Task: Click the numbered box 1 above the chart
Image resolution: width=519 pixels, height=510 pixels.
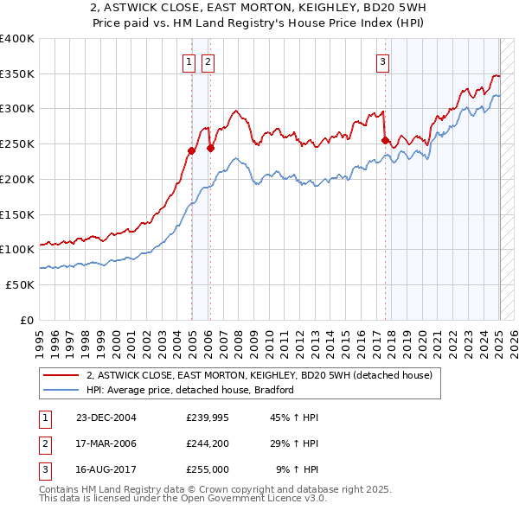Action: tap(189, 61)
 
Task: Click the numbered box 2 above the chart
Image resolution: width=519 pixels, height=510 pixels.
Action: tap(208, 61)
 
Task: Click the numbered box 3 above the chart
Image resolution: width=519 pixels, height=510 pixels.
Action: tap(382, 61)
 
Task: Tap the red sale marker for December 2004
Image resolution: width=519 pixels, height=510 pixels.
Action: tap(191, 150)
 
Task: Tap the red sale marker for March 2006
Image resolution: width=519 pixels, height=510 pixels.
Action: tap(210, 148)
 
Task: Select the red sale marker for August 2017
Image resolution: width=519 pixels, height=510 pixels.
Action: tap(386, 140)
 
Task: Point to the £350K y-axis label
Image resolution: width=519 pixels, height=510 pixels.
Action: tap(17, 74)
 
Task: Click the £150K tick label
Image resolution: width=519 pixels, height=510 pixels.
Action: tap(17, 214)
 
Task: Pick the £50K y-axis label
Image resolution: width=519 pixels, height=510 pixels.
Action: tap(21, 284)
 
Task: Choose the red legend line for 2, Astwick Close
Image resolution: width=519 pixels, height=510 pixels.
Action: tap(59, 375)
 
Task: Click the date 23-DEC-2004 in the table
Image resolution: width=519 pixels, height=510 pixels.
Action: tap(106, 418)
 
